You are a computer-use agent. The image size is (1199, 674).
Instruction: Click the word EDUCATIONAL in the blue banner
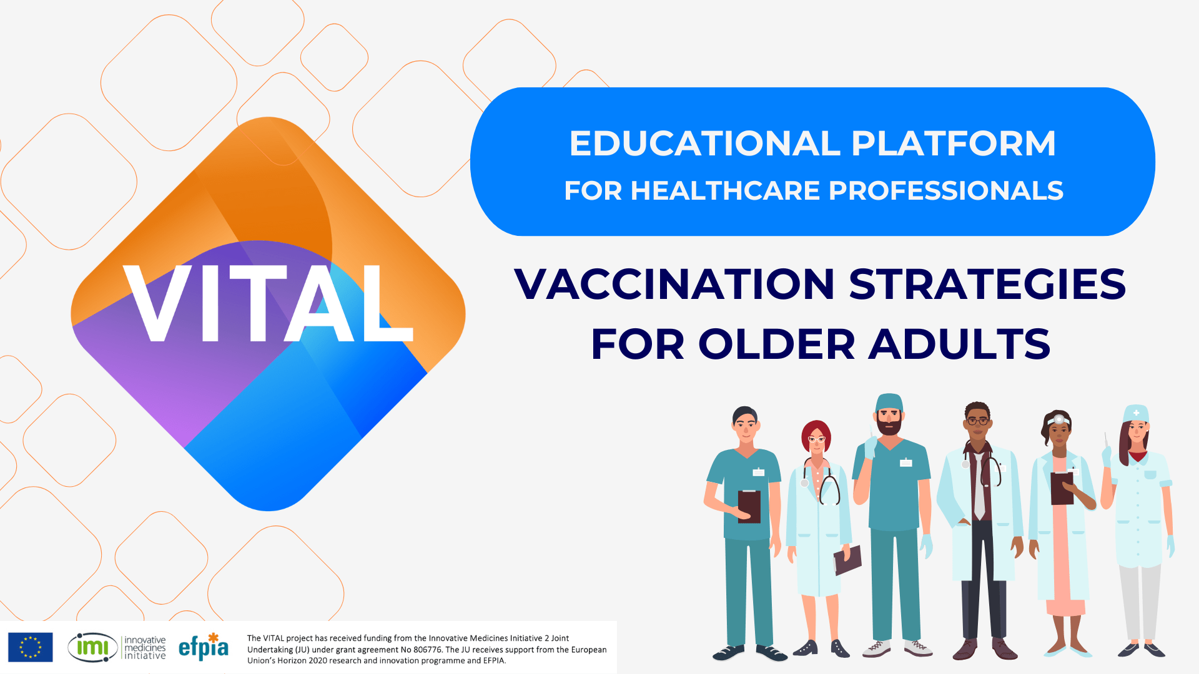[704, 144]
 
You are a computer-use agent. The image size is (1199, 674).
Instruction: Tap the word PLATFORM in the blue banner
[954, 144]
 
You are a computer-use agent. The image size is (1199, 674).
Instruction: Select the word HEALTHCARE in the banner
[725, 191]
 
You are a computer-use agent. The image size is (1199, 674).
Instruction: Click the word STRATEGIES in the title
[988, 284]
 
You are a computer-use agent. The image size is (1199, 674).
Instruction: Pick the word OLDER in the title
[776, 344]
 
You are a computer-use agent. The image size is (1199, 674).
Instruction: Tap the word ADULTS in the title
[960, 344]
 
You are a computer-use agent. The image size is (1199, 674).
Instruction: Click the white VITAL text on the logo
[269, 303]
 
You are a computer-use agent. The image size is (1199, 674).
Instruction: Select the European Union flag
[30, 647]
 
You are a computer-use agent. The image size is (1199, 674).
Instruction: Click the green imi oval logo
[92, 647]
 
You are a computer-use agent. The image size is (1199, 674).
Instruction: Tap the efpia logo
[204, 647]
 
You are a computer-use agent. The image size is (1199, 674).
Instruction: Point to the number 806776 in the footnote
[427, 650]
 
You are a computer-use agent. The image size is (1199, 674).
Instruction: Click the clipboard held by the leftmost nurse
[749, 506]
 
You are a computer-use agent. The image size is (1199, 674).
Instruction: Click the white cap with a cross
[1136, 413]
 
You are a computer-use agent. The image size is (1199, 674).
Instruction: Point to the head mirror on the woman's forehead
[1059, 419]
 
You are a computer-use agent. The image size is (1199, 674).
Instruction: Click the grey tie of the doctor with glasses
[979, 487]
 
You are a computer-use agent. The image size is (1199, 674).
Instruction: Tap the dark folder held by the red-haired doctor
[847, 560]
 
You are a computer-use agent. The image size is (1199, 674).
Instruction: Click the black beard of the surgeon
[889, 426]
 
